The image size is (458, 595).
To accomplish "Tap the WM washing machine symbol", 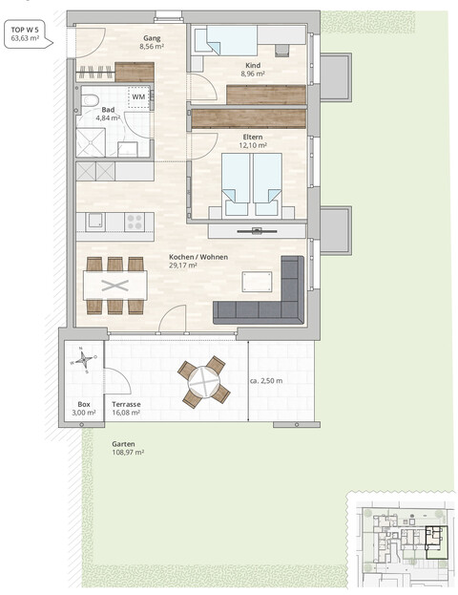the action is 138,96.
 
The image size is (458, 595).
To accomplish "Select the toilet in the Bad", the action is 90,100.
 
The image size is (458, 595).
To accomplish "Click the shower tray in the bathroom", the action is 91,142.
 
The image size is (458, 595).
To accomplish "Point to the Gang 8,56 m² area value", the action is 152,47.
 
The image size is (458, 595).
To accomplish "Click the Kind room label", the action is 253,65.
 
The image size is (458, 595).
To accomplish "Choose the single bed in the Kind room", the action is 226,40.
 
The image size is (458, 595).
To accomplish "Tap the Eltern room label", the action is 253,137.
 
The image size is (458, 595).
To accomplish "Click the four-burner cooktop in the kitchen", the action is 135,222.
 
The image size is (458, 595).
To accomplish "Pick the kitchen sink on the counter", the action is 94,222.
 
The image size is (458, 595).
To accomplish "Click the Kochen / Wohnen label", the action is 198,257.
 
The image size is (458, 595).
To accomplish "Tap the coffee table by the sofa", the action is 258,282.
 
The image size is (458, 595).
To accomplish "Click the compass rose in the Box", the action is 83,359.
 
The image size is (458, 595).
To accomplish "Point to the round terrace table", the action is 204,382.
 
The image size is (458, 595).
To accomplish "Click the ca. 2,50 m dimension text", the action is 266,381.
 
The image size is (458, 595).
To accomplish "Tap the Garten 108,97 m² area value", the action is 128,453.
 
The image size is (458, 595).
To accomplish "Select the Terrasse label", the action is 126,405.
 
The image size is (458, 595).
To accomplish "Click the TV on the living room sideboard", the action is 257,230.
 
